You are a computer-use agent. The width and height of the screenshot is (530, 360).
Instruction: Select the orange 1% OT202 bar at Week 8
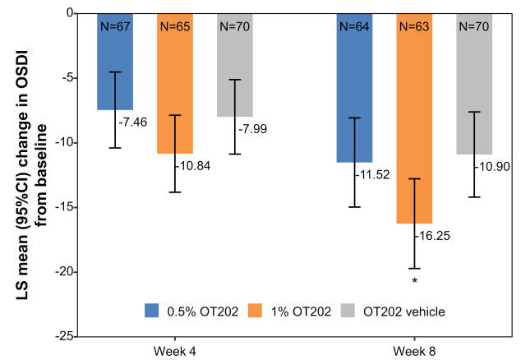[x=414, y=123]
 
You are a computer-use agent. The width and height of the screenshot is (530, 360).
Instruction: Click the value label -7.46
[x=136, y=122]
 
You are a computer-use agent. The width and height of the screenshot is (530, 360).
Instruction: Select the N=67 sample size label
[x=115, y=26]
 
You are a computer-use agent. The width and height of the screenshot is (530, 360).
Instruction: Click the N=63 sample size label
[x=414, y=26]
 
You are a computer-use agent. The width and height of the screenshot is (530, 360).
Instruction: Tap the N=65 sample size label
[x=175, y=26]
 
